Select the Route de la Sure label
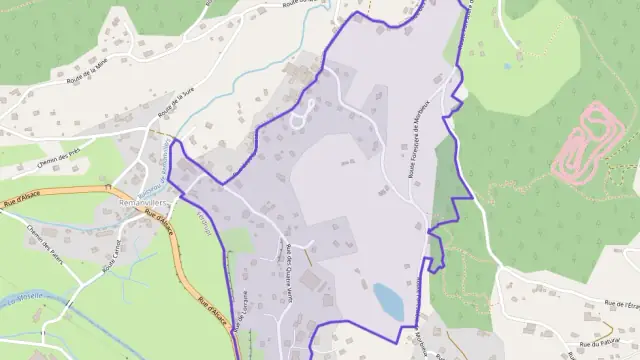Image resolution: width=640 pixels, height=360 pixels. (173, 104)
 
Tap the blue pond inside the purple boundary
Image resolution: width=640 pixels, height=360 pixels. (388, 300)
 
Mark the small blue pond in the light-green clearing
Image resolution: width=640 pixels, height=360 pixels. (507, 67)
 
